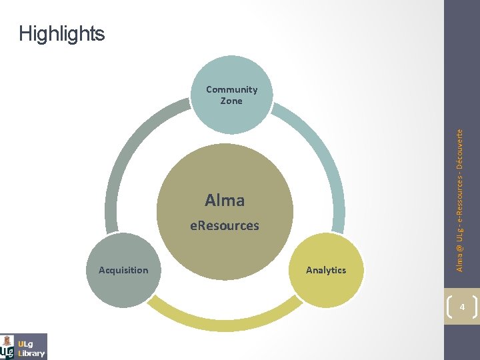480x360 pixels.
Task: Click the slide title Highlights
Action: click(62, 33)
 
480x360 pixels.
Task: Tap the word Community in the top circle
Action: click(231, 89)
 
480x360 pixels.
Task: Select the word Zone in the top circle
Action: click(231, 101)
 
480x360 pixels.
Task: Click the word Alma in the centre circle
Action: click(225, 200)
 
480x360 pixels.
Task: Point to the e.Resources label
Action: click(224, 225)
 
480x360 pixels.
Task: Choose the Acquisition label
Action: click(123, 270)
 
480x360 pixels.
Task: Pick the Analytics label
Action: click(326, 270)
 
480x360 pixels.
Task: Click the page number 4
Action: click(461, 306)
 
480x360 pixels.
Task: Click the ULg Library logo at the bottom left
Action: click(24, 346)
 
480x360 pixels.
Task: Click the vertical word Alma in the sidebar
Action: click(461, 261)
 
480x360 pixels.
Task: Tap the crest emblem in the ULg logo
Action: click(7, 347)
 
